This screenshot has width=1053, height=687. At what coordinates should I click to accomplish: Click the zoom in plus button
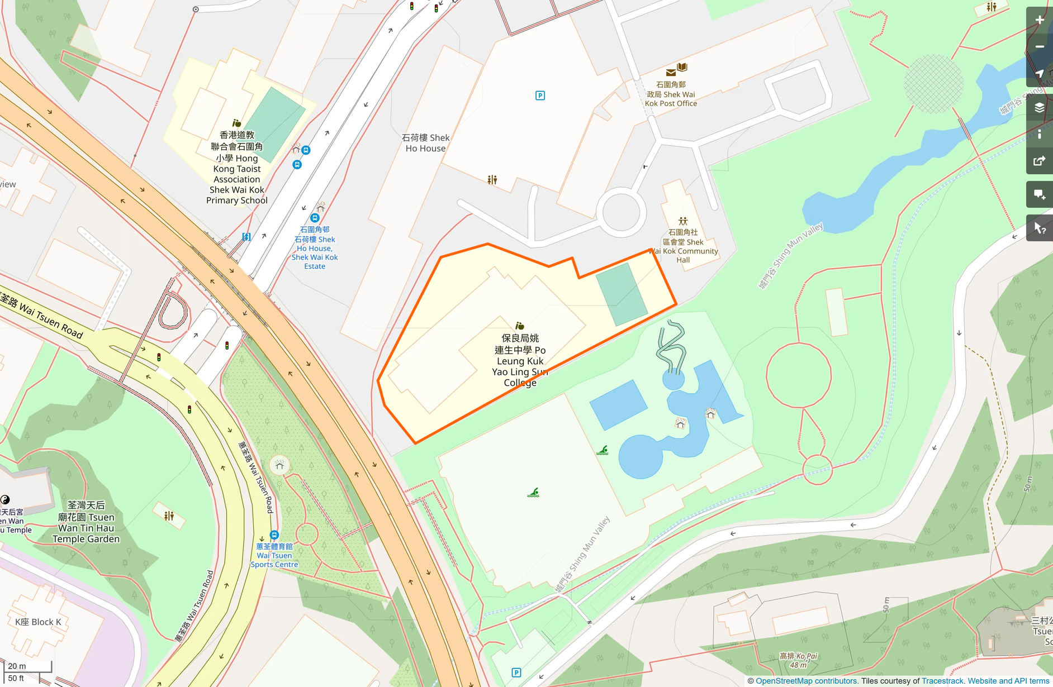tap(1039, 20)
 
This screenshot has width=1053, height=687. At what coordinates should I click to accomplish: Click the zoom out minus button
tap(1039, 47)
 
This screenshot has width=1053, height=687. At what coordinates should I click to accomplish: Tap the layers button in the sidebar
tap(1039, 107)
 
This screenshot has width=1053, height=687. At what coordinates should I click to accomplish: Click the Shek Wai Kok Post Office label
tap(671, 94)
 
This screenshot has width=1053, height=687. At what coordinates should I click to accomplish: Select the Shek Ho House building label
tap(426, 143)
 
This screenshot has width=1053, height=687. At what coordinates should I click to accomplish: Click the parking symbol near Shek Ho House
tap(540, 96)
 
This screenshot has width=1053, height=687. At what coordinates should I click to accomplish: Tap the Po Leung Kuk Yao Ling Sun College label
tap(520, 360)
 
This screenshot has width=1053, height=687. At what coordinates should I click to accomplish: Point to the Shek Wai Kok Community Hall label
tap(683, 246)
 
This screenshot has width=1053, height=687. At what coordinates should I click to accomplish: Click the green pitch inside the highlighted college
tap(622, 294)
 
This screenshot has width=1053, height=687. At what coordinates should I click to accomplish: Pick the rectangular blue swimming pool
tap(618, 404)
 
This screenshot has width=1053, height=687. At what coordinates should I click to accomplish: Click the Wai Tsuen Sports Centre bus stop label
tap(274, 555)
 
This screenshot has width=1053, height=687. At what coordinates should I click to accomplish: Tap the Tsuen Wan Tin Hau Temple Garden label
tap(86, 522)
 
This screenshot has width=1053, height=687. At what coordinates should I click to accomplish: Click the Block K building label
tap(38, 622)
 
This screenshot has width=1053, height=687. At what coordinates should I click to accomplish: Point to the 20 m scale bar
tap(28, 666)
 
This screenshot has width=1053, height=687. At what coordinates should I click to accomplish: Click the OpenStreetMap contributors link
tap(806, 681)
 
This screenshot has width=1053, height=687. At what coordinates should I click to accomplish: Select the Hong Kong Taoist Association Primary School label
tap(237, 168)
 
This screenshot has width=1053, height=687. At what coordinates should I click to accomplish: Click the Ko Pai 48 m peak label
tap(798, 660)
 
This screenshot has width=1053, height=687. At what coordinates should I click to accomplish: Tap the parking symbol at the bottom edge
tap(516, 672)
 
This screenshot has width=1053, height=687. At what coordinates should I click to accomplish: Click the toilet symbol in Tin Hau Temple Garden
tap(169, 516)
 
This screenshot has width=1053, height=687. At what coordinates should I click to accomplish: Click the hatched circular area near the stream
tap(933, 84)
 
